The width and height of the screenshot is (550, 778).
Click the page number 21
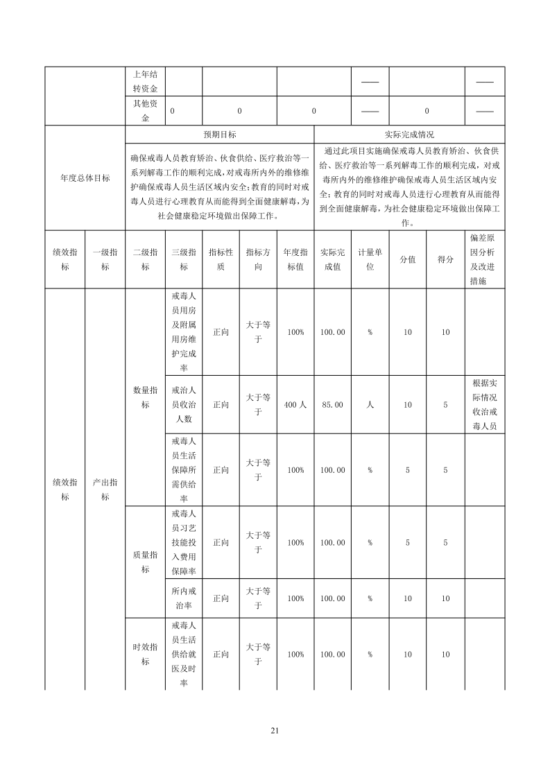275,730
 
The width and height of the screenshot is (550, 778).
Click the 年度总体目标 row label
85,178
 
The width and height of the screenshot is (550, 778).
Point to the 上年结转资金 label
145,82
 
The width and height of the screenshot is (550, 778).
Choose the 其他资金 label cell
145,110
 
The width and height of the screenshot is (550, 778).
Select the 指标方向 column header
258,259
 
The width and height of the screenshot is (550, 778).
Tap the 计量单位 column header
370,259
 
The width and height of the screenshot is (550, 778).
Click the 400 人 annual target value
295,405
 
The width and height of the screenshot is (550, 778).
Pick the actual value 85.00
332,405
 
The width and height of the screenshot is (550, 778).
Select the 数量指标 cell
145,397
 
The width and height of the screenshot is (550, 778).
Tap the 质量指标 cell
145,562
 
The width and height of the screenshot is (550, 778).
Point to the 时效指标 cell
145,654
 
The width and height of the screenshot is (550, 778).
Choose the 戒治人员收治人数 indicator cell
184,405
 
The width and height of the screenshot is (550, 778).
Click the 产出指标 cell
105,490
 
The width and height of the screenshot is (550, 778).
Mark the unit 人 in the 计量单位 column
370,405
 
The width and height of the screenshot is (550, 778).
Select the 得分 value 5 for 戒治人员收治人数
445,405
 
